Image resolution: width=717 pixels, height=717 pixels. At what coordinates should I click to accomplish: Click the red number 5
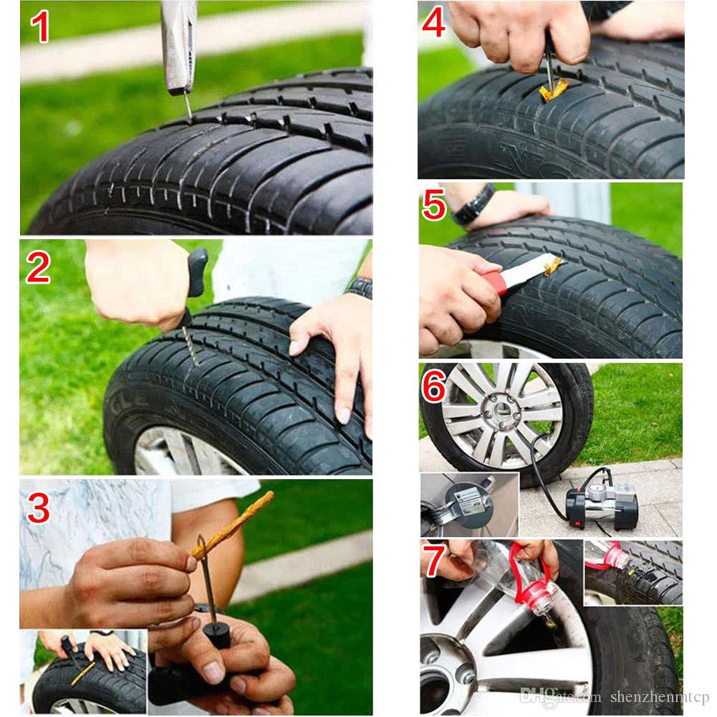tap(436, 206)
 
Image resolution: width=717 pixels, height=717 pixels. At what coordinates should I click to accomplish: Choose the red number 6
tap(435, 388)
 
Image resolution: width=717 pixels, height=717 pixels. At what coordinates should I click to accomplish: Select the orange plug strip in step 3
tap(233, 523)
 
